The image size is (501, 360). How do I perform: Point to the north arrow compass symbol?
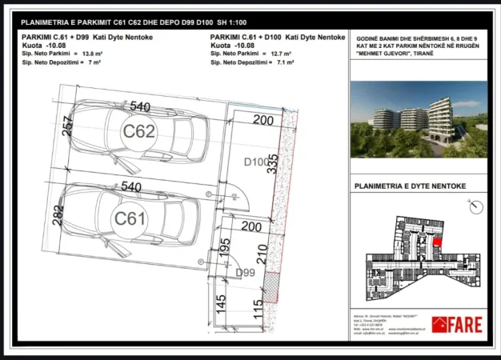click(x=475, y=206)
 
